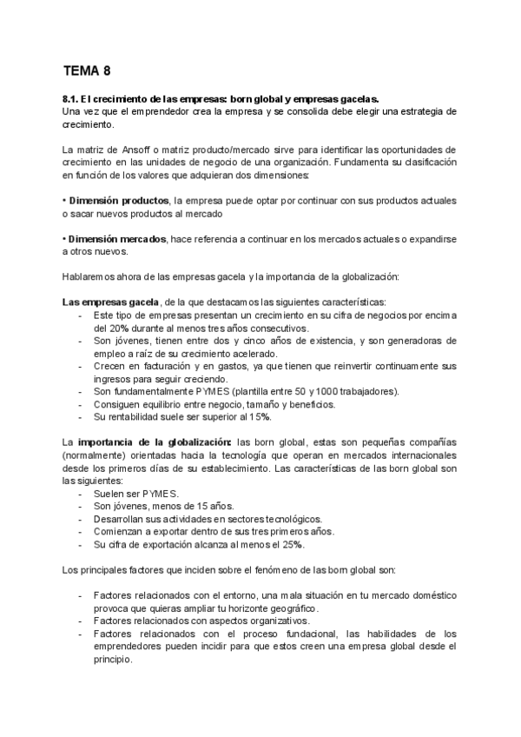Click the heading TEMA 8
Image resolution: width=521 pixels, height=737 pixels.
pos(87,71)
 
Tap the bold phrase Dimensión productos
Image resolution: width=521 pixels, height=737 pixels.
pos(119,201)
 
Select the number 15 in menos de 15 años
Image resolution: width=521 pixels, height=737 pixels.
pos(193,506)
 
